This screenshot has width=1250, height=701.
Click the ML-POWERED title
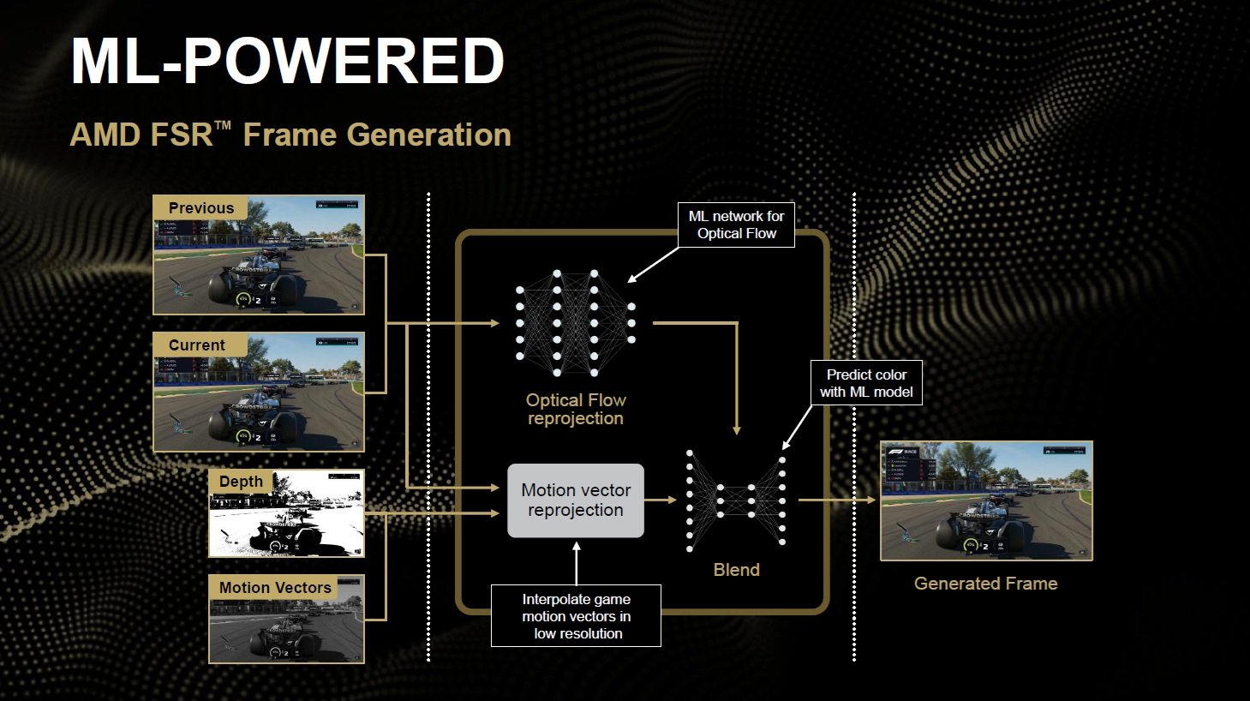tap(288, 62)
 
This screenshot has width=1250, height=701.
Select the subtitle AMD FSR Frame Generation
tap(290, 135)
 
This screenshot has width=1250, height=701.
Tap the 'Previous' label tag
tap(200, 207)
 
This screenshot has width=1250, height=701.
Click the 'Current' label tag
tap(197, 345)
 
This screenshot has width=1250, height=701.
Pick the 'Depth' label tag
tap(241, 481)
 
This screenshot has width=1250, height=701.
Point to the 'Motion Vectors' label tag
tap(275, 587)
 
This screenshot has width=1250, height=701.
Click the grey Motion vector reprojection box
tap(576, 500)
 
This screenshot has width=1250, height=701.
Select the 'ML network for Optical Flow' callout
tap(736, 225)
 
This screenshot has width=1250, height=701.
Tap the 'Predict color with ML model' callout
tap(866, 383)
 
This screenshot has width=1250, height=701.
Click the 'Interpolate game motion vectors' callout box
tap(576, 615)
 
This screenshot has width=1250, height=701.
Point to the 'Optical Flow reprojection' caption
tap(576, 409)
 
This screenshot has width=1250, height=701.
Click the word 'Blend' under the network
tap(736, 570)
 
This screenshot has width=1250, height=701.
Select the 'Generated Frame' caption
tap(985, 584)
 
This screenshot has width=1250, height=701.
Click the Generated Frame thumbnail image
tap(986, 501)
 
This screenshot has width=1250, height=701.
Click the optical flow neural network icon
tap(575, 323)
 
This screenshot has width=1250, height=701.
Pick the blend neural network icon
tap(736, 500)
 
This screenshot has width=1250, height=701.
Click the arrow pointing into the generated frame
tap(838, 500)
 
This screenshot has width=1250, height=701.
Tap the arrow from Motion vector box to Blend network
tap(661, 500)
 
